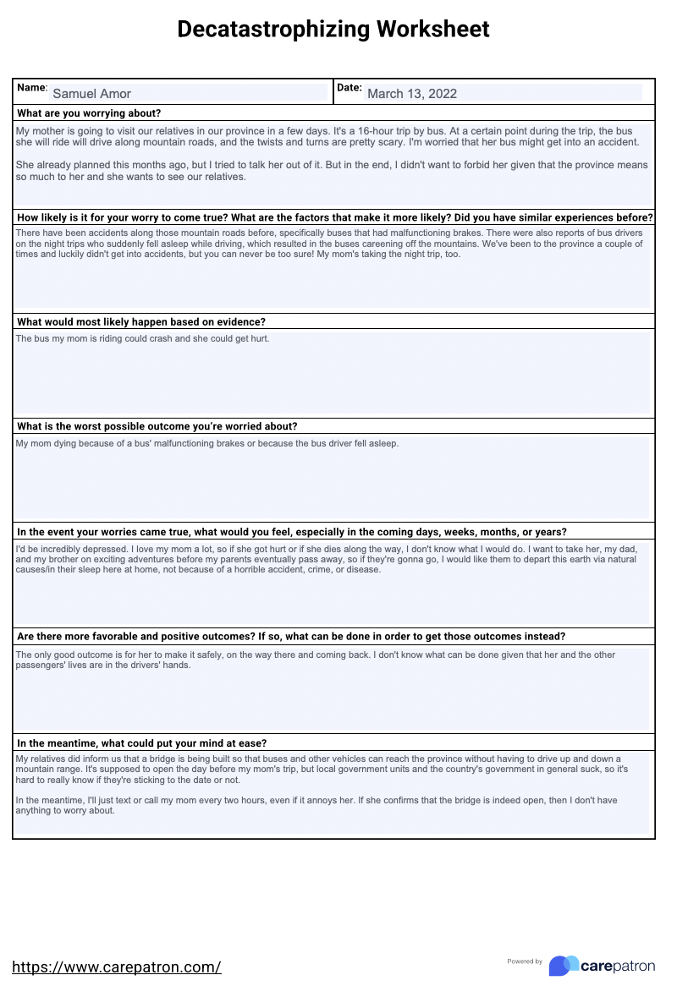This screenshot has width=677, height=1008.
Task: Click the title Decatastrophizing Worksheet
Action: [x=333, y=30]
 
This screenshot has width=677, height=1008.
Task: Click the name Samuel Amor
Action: [x=91, y=94]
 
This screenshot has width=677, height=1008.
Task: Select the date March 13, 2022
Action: [x=412, y=94]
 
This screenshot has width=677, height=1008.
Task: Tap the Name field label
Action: [x=32, y=88]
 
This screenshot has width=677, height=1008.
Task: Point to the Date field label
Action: [x=349, y=88]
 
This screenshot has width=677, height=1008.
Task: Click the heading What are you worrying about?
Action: [x=89, y=113]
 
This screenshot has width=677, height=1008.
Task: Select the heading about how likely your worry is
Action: [x=334, y=217]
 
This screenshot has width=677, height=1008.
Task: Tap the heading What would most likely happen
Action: [x=141, y=322]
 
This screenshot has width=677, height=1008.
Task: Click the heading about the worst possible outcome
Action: [x=157, y=426]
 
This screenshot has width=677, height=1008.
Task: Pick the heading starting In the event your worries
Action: [x=292, y=532]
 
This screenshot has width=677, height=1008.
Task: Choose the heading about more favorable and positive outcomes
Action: [x=291, y=637]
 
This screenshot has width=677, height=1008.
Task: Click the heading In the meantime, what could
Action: [x=142, y=743]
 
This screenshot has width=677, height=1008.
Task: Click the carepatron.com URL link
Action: [x=117, y=967]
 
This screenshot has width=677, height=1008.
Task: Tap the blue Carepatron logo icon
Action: [x=564, y=966]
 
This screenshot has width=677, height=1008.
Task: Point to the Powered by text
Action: [x=525, y=961]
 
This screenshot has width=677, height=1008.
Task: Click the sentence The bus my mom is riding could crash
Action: [x=142, y=338]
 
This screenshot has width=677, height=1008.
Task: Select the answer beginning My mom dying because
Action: [x=206, y=443]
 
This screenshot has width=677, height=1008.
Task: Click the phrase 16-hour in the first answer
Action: [x=395, y=131]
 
